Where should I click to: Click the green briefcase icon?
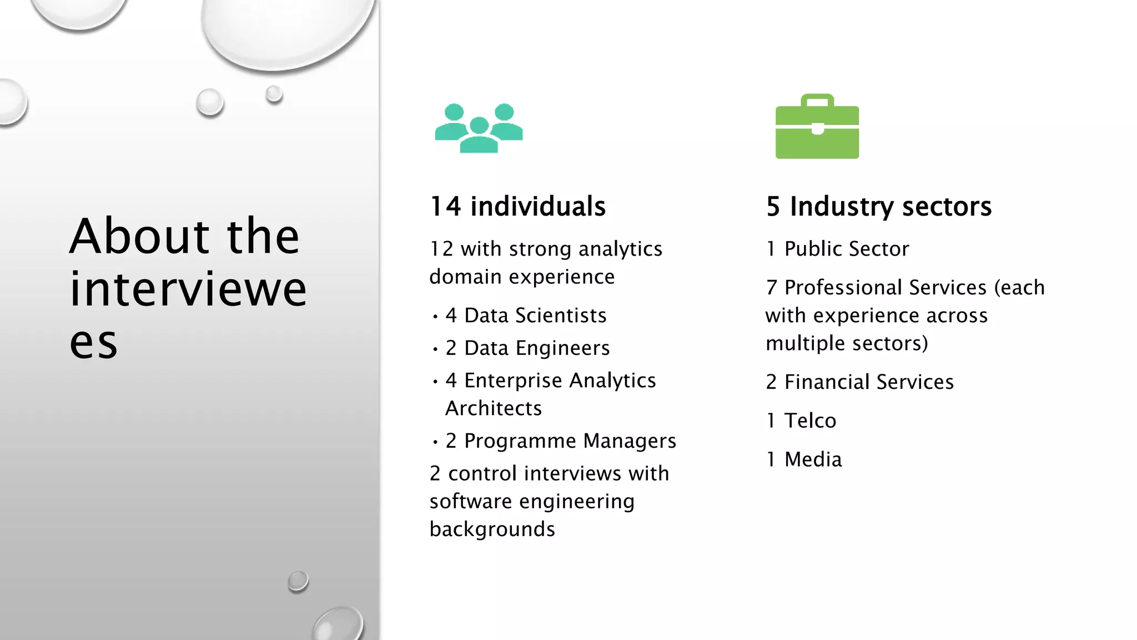[817, 133]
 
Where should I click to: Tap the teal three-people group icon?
[479, 128]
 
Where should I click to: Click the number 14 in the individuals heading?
[445, 206]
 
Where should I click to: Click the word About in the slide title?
[139, 236]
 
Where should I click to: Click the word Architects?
[494, 408]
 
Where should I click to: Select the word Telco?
[810, 421]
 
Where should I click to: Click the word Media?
[813, 459]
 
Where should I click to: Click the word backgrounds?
[492, 529]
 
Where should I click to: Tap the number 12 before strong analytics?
[441, 249]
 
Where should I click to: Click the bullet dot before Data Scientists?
[435, 317]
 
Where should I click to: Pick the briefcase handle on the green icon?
[817, 100]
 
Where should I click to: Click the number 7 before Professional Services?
[771, 288]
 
